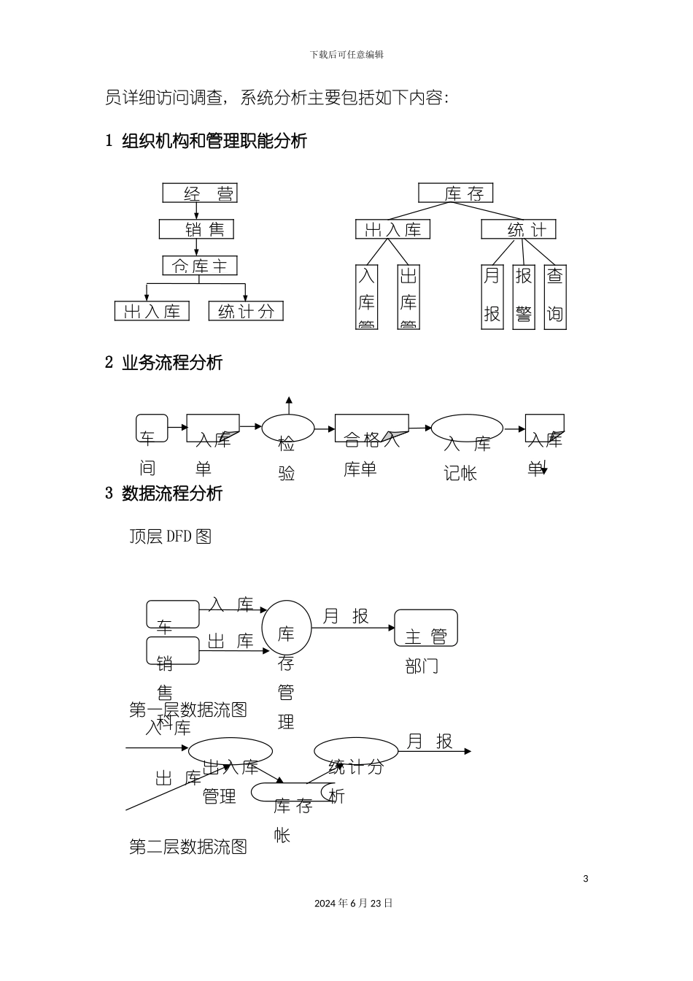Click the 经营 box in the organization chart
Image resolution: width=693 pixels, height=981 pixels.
click(200, 193)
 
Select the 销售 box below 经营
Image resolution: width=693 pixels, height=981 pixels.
click(196, 229)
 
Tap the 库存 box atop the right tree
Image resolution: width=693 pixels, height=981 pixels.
click(456, 193)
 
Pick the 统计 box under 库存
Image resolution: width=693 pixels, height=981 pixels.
click(519, 230)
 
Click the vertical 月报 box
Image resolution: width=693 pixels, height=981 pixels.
click(492, 296)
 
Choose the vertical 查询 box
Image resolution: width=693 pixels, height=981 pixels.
click(555, 296)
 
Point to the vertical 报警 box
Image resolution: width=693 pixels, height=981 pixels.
click(524, 296)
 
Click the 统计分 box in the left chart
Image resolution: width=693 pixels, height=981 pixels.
click(246, 311)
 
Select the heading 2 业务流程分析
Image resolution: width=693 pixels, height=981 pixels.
click(164, 363)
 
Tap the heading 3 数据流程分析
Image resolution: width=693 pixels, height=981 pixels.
click(164, 493)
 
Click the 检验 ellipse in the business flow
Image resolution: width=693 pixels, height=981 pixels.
click(288, 428)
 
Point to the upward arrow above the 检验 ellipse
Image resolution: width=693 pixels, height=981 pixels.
click(289, 401)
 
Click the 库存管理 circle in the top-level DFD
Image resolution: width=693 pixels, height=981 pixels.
click(287, 628)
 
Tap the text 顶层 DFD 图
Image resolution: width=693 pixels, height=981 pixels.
click(170, 536)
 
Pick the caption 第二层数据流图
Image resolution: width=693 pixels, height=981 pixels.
click(188, 847)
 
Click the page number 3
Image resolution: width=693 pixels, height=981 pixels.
click(585, 879)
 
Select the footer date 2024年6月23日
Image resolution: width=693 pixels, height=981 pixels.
click(354, 904)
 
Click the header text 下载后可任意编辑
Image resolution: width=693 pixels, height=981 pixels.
click(346, 55)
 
